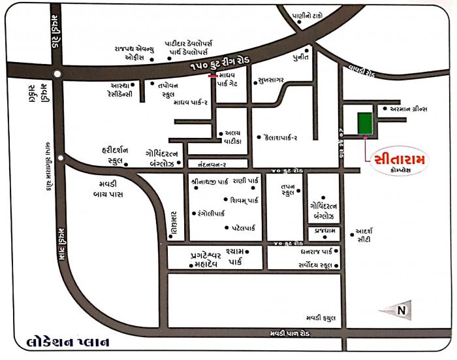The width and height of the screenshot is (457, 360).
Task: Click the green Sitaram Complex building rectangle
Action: click(x=364, y=124)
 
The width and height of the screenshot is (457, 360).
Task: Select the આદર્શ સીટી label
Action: click(x=364, y=236)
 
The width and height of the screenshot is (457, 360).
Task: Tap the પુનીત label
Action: click(x=300, y=57)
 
